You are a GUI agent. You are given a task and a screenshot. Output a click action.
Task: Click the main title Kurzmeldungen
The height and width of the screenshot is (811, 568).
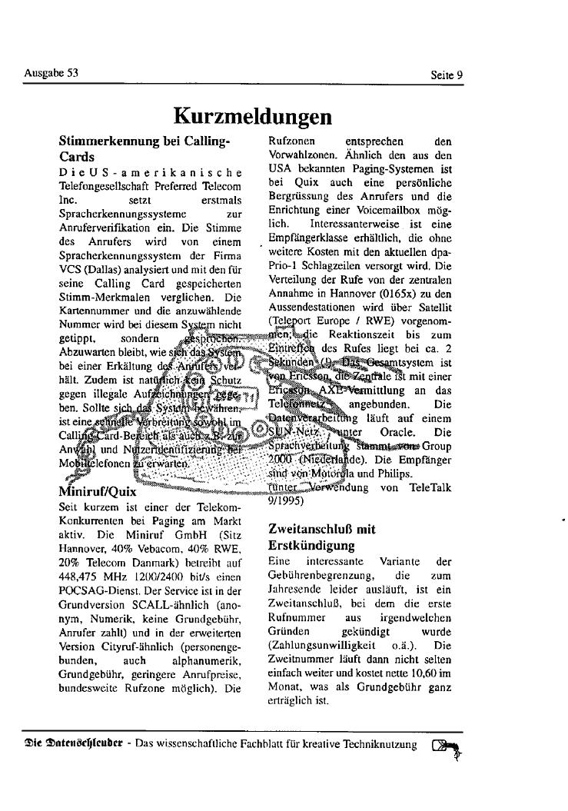tap(253, 116)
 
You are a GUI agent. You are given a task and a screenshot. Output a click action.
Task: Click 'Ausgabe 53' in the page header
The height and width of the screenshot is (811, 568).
tap(51, 74)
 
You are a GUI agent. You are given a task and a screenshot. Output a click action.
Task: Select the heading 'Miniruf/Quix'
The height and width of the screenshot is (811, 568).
tap(98, 491)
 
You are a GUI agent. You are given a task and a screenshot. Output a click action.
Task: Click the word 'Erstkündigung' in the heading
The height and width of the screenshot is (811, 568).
tap(311, 546)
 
